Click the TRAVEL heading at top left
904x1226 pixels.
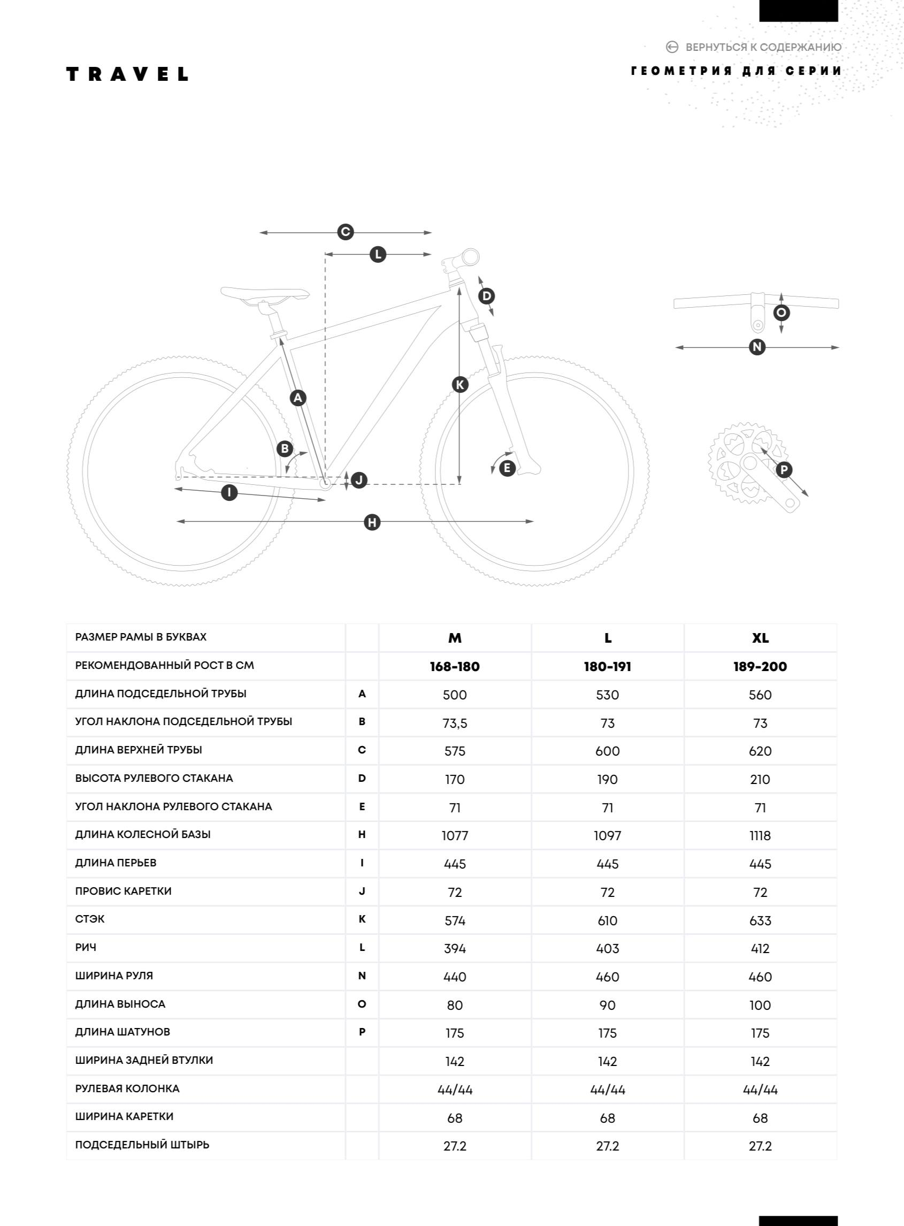[127, 74]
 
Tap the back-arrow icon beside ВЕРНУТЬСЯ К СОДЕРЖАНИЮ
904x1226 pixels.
[672, 47]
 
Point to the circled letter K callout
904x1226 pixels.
[460, 385]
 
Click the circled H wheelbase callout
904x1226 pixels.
[372, 522]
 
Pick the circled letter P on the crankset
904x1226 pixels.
[784, 470]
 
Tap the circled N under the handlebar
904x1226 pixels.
[757, 347]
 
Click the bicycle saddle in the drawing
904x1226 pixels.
[265, 293]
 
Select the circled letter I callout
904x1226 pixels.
[229, 492]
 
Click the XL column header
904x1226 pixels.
[760, 638]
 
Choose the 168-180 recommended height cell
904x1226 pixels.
[455, 667]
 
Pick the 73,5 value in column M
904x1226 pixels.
[455, 723]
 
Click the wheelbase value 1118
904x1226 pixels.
[760, 836]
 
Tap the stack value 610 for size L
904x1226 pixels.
[608, 920]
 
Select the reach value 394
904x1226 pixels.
[455, 948]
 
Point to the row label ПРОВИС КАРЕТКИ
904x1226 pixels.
[123, 891]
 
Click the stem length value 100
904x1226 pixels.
[760, 1005]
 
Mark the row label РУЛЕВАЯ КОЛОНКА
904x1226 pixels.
[127, 1088]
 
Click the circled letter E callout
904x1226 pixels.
[507, 468]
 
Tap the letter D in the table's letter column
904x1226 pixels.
[362, 778]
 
